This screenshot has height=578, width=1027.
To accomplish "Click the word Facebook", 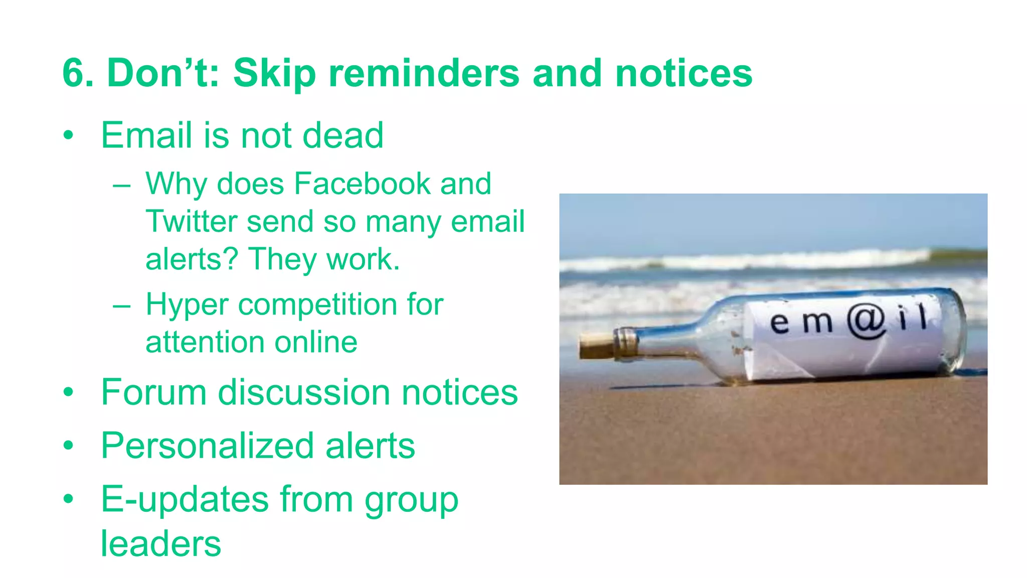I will pyautogui.click(x=362, y=184).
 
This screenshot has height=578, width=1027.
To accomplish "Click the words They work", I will pyautogui.click(x=324, y=259).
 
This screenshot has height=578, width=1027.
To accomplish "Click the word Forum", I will pyautogui.click(x=153, y=392).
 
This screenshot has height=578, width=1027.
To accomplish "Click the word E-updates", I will pyautogui.click(x=185, y=500).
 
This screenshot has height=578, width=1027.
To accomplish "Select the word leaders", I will pyautogui.click(x=160, y=543).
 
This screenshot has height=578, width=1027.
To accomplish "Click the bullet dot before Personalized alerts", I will pyautogui.click(x=68, y=445).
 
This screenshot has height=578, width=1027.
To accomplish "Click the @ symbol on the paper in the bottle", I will pyautogui.click(x=867, y=321).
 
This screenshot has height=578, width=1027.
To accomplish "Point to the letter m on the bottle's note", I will pyautogui.click(x=817, y=323).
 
